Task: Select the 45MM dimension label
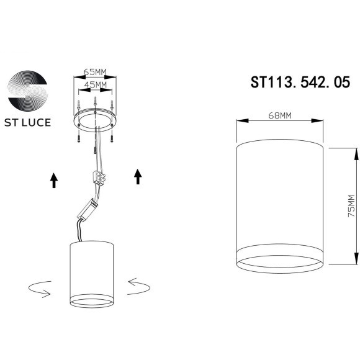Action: tap(94, 84)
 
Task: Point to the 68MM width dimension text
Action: tap(281, 115)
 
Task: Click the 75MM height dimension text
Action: tap(351, 205)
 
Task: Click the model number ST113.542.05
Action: tap(300, 83)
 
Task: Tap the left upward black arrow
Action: tap(54, 180)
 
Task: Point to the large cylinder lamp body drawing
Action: tap(281, 199)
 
